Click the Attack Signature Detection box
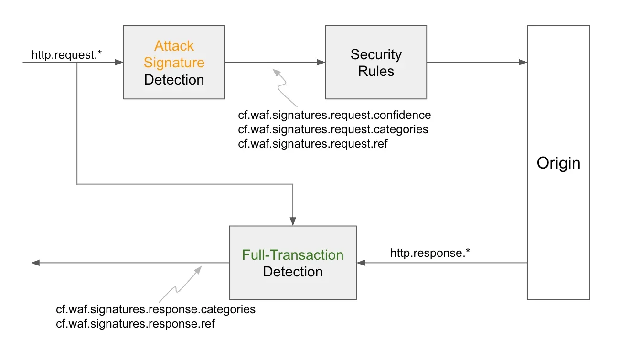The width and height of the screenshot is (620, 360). click(x=174, y=62)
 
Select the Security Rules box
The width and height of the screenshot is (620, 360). click(x=375, y=62)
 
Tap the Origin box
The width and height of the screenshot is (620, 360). click(x=558, y=162)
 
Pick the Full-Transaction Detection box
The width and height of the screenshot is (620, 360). click(x=292, y=263)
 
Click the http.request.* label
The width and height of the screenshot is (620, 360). click(x=67, y=55)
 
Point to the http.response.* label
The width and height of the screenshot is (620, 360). click(x=430, y=253)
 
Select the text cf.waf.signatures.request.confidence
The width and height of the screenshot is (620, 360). click(x=334, y=115)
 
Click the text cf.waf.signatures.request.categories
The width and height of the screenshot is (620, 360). click(x=333, y=129)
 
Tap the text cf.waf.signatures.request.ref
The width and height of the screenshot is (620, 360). click(x=313, y=144)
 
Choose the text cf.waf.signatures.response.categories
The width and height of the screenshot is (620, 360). click(x=156, y=309)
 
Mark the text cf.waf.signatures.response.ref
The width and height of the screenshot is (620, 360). click(x=136, y=324)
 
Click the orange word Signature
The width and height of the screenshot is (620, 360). click(x=174, y=63)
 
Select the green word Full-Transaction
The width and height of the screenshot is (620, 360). click(x=292, y=255)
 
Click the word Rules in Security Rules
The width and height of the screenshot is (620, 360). click(x=376, y=71)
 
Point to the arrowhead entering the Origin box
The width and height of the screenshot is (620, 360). click(x=524, y=62)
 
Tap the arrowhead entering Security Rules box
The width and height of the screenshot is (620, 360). click(x=321, y=62)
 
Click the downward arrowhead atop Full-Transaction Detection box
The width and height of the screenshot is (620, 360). click(x=293, y=222)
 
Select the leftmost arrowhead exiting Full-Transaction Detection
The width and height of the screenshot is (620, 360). click(x=35, y=263)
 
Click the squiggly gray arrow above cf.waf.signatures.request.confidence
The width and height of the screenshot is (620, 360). click(x=285, y=88)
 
